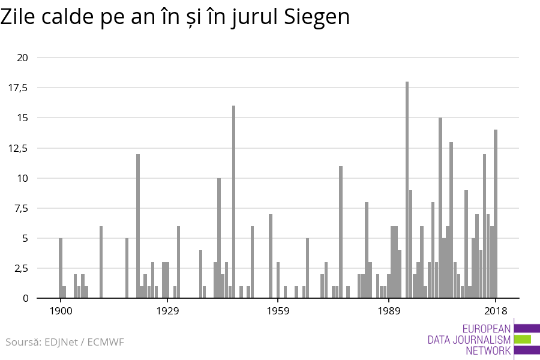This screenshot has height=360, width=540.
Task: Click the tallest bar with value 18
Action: click(x=407, y=190)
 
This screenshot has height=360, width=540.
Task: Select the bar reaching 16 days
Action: click(x=233, y=202)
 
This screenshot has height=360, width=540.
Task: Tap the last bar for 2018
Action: click(x=496, y=214)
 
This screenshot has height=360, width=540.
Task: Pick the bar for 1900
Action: click(x=61, y=268)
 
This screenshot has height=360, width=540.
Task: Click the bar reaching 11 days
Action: click(x=341, y=232)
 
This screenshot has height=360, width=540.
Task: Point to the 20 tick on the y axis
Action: click(x=23, y=58)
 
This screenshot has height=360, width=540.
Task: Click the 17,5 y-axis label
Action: click(x=18, y=88)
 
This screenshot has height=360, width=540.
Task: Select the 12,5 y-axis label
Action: click(x=18, y=148)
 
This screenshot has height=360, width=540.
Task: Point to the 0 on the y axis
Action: click(x=25, y=298)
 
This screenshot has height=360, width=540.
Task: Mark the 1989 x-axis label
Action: click(x=389, y=311)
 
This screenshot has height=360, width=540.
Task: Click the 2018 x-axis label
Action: click(x=496, y=311)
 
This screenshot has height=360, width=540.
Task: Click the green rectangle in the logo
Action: click(x=522, y=339)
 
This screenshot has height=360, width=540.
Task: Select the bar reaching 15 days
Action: click(x=440, y=208)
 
